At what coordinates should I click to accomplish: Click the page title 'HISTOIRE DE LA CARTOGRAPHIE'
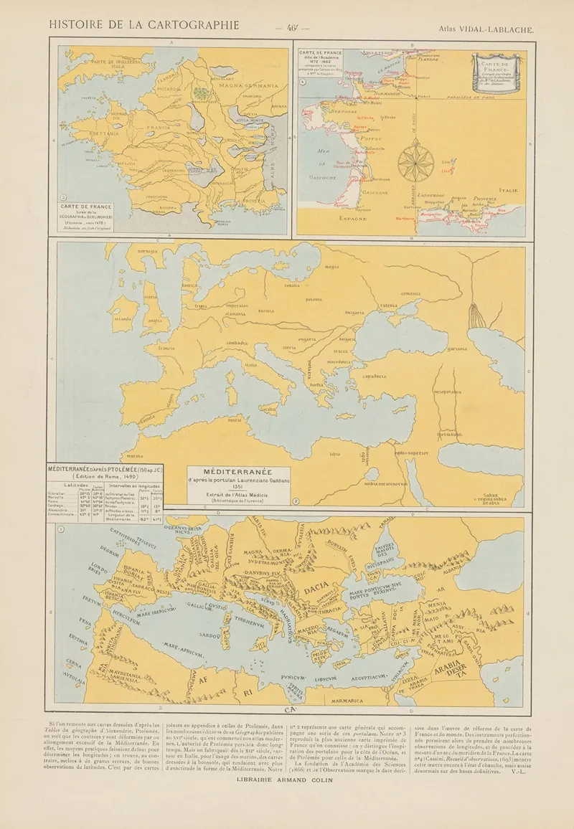click(x=144, y=24)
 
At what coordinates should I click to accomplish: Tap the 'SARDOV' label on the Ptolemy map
click(x=210, y=635)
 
